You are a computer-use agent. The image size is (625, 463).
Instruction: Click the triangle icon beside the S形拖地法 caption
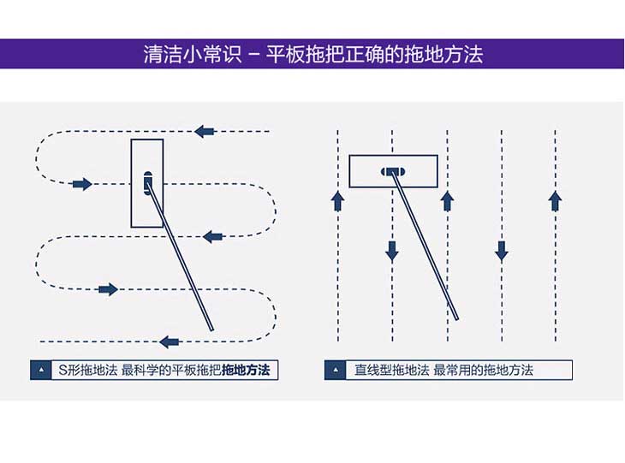coord(40,371)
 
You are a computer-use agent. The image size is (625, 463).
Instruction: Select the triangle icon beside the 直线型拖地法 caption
coord(336,371)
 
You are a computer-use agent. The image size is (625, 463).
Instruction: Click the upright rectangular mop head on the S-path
coord(147,182)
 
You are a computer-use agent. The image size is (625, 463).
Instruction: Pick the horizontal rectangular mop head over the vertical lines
coord(393,171)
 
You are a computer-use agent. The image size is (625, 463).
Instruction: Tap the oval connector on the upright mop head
coord(148,182)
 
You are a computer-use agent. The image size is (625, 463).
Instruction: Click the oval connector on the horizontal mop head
coord(393,171)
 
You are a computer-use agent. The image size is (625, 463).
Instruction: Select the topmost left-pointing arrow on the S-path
coord(204,131)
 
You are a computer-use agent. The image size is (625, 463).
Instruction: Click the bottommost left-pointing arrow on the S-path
coord(170,341)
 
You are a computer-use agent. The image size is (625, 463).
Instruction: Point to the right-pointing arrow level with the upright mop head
coord(82,184)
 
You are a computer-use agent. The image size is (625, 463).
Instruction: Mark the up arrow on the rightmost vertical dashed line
coord(555,201)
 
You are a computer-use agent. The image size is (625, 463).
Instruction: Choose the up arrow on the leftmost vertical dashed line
coord(337,201)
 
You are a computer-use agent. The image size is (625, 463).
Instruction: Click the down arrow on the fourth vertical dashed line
coord(502,251)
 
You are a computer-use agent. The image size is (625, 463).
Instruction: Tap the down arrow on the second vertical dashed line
coord(392,251)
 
